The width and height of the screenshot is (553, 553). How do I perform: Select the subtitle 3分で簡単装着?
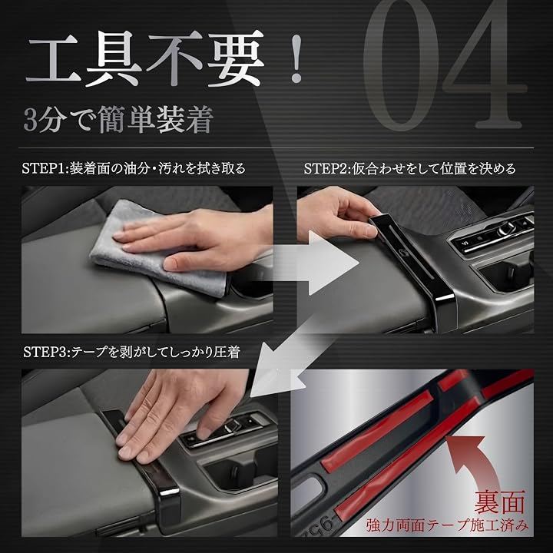118,119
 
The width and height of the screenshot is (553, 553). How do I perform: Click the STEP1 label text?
134,168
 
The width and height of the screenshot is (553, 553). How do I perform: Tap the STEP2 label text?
410,168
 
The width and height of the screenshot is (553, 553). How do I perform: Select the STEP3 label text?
131,352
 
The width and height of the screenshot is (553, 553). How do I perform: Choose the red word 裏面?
499,502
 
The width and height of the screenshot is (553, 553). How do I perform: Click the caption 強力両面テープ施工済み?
447,525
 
